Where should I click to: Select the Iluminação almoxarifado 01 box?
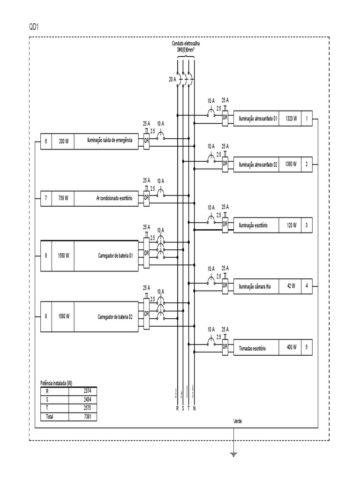pyautogui.click(x=258, y=119)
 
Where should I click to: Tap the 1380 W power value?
pyautogui.click(x=291, y=165)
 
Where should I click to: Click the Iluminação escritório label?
pyautogui.click(x=253, y=225)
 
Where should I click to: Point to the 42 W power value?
pyautogui.click(x=291, y=286)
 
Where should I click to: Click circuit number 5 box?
pyautogui.click(x=306, y=348)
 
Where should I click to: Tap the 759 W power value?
pyautogui.click(x=63, y=198)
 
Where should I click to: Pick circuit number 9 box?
pyautogui.click(x=46, y=316)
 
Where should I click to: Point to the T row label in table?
pyautogui.click(x=46, y=408)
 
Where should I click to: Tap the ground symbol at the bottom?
pyautogui.click(x=233, y=453)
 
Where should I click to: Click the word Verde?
pyautogui.click(x=238, y=421)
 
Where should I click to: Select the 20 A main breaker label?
pyautogui.click(x=172, y=80)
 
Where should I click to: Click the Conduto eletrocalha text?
pyautogui.click(x=186, y=43)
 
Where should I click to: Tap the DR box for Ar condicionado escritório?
pyautogui.click(x=146, y=197)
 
